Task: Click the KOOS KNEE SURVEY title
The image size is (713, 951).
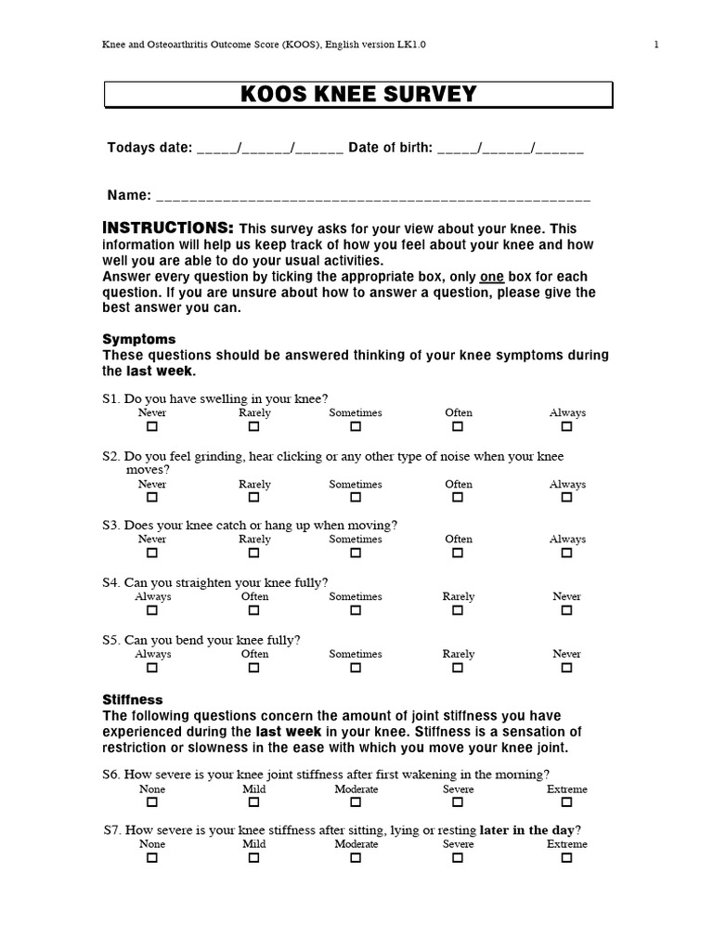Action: coord(357,95)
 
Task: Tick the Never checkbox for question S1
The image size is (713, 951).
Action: coord(152,426)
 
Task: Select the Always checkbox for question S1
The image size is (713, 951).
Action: coord(566,426)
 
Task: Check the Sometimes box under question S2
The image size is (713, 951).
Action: coord(356,498)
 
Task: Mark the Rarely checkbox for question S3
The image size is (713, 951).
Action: coord(254,553)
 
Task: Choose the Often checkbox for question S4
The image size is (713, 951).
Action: coord(254,610)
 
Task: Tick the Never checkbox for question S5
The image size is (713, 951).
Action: coord(566,668)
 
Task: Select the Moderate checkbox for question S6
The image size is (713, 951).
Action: coord(356,802)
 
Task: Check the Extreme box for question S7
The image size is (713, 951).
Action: coord(566,858)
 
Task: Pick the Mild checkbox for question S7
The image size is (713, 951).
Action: coord(254,858)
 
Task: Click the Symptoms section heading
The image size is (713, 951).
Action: coord(138,339)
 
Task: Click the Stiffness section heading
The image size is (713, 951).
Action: coord(133,699)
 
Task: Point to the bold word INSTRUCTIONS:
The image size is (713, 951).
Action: coord(168,228)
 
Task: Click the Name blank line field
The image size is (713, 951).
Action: coord(372,197)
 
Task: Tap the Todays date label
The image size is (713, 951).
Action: coord(149,148)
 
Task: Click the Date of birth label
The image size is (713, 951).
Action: coord(390,148)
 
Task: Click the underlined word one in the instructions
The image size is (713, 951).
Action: coord(491,277)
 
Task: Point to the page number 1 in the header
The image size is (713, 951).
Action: coord(656,44)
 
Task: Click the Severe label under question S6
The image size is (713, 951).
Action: coord(458,789)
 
